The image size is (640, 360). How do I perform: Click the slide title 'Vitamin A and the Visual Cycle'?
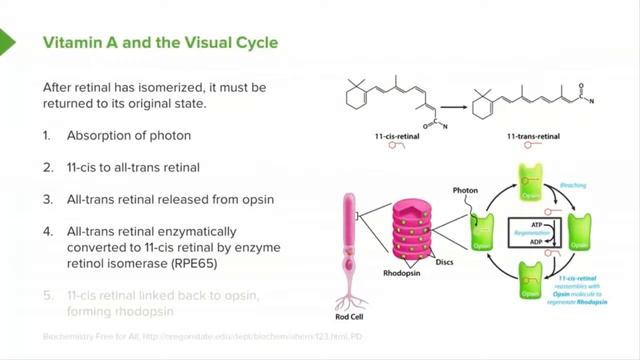tap(159, 43)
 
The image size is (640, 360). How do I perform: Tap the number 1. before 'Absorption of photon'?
tap(48, 135)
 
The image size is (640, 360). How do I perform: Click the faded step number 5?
tap(48, 295)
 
